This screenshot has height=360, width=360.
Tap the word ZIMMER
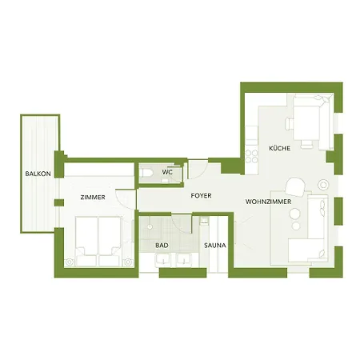click(93, 197)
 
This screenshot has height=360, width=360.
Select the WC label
click(167, 172)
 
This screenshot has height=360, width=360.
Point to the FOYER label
click(200, 196)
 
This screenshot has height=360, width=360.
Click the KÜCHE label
click(279, 149)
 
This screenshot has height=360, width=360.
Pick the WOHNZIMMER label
click(268, 202)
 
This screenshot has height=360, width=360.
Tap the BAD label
click(162, 246)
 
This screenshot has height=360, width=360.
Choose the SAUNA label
click(214, 246)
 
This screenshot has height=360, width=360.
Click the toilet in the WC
click(144, 172)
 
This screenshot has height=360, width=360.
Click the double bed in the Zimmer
click(98, 240)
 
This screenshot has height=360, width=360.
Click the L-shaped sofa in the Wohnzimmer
click(312, 232)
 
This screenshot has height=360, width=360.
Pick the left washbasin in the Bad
click(158, 260)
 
